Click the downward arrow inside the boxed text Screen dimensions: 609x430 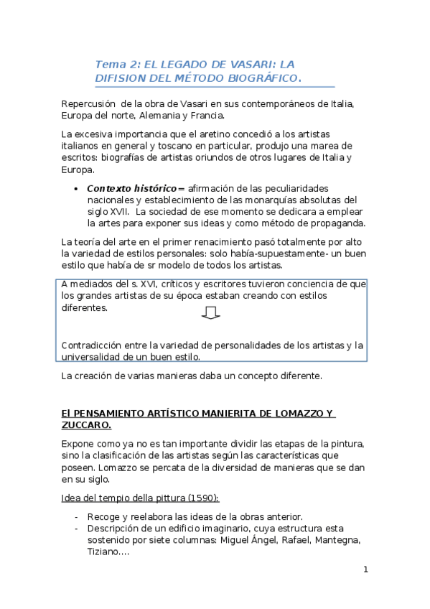pyautogui.click(x=211, y=312)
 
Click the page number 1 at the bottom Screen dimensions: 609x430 pyautogui.click(x=365, y=570)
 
